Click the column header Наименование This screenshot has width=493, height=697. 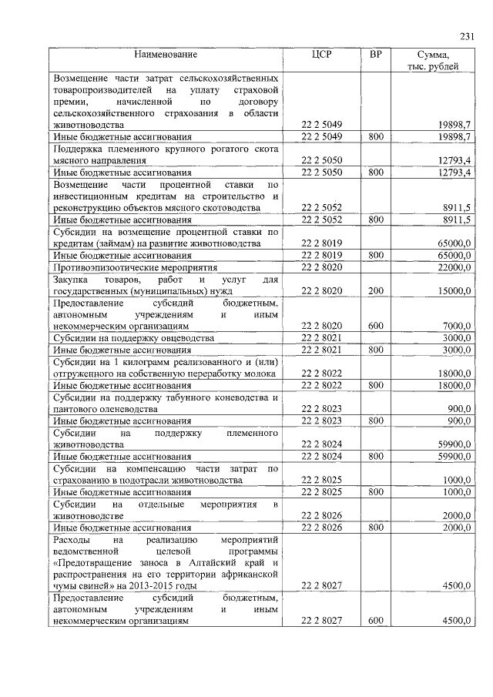[x=166, y=55]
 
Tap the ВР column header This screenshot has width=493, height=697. [x=375, y=55]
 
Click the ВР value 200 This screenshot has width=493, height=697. [x=375, y=291]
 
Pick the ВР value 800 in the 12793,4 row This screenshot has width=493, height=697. [x=375, y=173]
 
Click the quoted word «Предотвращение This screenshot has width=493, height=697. [x=90, y=563]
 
